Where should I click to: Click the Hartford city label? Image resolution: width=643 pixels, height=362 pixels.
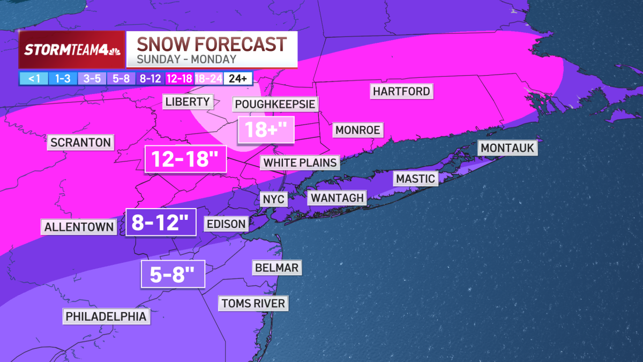(402, 91)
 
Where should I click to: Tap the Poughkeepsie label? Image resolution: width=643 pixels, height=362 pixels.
(275, 104)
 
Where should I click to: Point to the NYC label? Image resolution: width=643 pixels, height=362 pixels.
(274, 200)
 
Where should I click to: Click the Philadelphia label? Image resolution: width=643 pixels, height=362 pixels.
(106, 316)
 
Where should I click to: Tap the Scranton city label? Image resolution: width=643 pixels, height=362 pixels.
(81, 143)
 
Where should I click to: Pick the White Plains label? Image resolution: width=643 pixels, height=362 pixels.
(301, 162)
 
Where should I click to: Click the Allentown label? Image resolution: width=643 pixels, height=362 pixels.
(79, 227)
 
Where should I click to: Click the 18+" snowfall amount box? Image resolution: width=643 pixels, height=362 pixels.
(266, 129)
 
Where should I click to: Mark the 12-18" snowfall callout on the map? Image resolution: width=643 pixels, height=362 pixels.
(186, 159)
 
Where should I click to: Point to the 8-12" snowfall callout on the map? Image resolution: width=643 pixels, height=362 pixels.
(160, 222)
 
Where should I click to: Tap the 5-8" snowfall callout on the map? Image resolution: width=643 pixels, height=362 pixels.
(173, 275)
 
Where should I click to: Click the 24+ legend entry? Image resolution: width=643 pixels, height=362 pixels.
(237, 78)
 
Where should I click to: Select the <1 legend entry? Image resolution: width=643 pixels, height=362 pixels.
(34, 78)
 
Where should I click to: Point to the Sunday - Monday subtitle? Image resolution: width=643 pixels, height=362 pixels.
(186, 60)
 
